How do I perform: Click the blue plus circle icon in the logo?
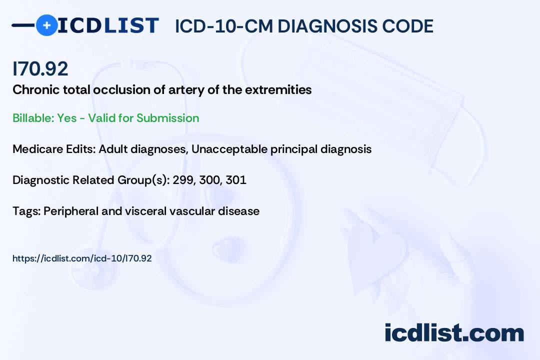46,25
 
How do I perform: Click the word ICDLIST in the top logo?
108,25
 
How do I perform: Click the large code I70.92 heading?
40,68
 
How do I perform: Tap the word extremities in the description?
278,89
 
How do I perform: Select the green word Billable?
33,118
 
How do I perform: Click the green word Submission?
167,118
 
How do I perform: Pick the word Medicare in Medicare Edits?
37,149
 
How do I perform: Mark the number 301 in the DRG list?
236,180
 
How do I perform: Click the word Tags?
27,211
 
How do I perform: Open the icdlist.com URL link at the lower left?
82,258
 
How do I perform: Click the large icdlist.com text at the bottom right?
454,333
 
